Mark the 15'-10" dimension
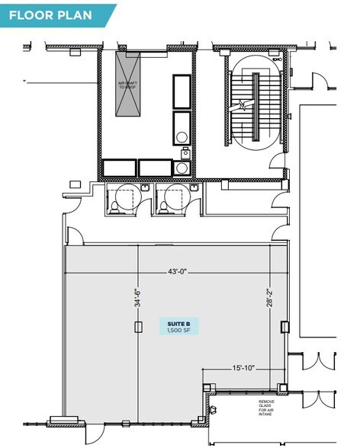pyautogui.click(x=243, y=368)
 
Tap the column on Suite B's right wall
pyautogui.click(x=285, y=327)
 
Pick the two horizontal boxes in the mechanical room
pyautogui.click(x=137, y=168)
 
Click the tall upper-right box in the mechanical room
pyautogui.click(x=184, y=91)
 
